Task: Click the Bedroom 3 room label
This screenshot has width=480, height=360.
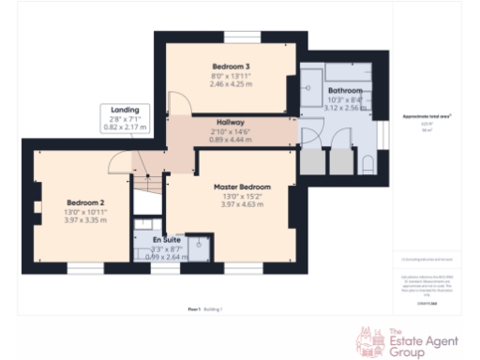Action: (x=230, y=67)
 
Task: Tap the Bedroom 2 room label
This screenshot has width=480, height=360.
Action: (x=86, y=202)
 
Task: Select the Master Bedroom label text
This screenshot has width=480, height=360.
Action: (x=242, y=187)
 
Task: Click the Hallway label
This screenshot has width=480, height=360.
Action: (x=231, y=123)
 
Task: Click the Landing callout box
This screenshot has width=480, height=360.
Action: (x=125, y=117)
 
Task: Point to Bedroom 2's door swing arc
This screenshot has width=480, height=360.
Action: (x=121, y=165)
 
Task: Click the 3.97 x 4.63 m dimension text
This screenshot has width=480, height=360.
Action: (x=242, y=204)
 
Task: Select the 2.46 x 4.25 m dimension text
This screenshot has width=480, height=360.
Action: (x=230, y=84)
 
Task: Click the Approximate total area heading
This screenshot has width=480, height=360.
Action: (x=427, y=115)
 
